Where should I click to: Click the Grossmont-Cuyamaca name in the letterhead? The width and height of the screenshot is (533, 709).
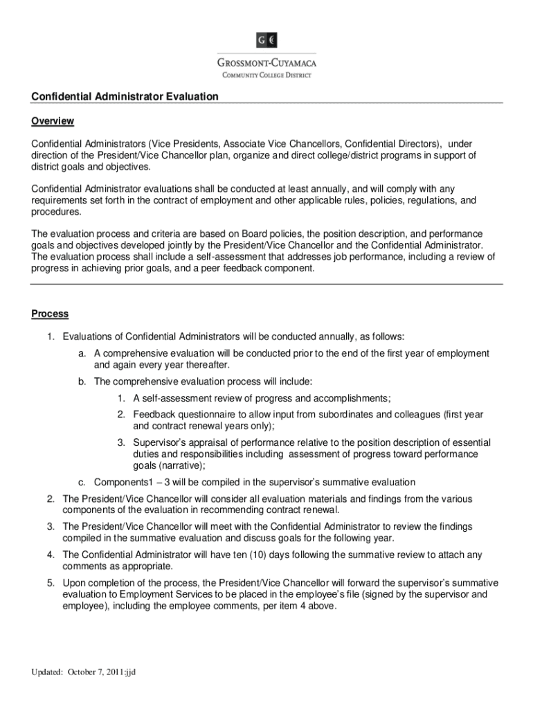click(266, 61)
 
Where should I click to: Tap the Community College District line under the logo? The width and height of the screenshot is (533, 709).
click(266, 74)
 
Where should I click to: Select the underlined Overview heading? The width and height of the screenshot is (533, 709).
click(53, 121)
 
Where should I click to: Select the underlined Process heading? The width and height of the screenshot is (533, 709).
click(50, 314)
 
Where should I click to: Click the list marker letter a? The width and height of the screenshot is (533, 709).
click(82, 353)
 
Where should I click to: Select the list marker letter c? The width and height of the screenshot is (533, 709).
click(82, 482)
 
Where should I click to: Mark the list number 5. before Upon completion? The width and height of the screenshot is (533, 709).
click(51, 583)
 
